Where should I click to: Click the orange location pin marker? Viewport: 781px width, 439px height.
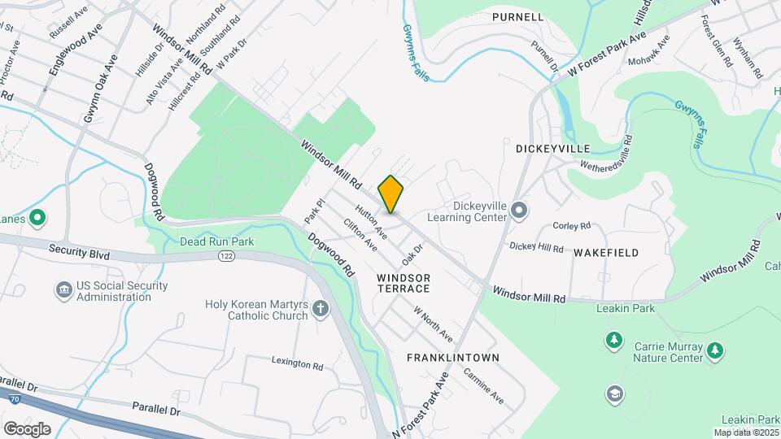tap(390, 194)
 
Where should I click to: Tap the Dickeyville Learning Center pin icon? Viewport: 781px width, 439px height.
tap(521, 212)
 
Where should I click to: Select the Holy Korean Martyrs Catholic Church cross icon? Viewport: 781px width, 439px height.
tap(321, 308)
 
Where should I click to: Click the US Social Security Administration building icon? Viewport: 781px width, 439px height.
tap(63, 290)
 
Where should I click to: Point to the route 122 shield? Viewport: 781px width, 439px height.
tap(226, 256)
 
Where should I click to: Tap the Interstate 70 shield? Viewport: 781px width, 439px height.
tap(15, 398)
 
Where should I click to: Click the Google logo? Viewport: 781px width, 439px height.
tap(27, 428)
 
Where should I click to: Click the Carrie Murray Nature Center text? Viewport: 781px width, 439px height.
tap(668, 352)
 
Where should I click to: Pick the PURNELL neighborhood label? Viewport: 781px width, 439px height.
tap(517, 16)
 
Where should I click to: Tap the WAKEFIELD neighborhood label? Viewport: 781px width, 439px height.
tap(606, 253)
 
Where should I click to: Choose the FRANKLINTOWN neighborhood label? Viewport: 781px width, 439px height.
tap(453, 358)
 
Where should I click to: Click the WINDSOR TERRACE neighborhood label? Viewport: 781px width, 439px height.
tap(404, 283)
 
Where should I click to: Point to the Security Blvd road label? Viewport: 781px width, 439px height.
tap(79, 254)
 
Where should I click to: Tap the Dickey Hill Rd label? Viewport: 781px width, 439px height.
tap(536, 246)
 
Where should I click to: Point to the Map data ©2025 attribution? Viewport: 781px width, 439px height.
tap(747, 432)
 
